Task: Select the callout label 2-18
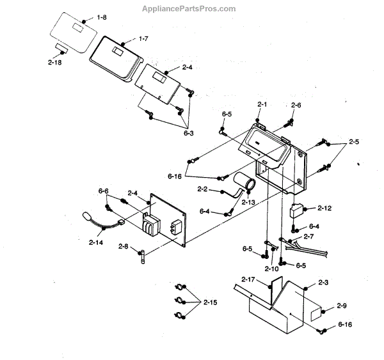[54, 62]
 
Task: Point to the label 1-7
[143, 40]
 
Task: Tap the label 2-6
[296, 105]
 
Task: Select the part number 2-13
[247, 202]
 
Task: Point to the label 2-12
[324, 208]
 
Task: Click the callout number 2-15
[210, 302]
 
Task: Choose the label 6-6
[103, 191]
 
